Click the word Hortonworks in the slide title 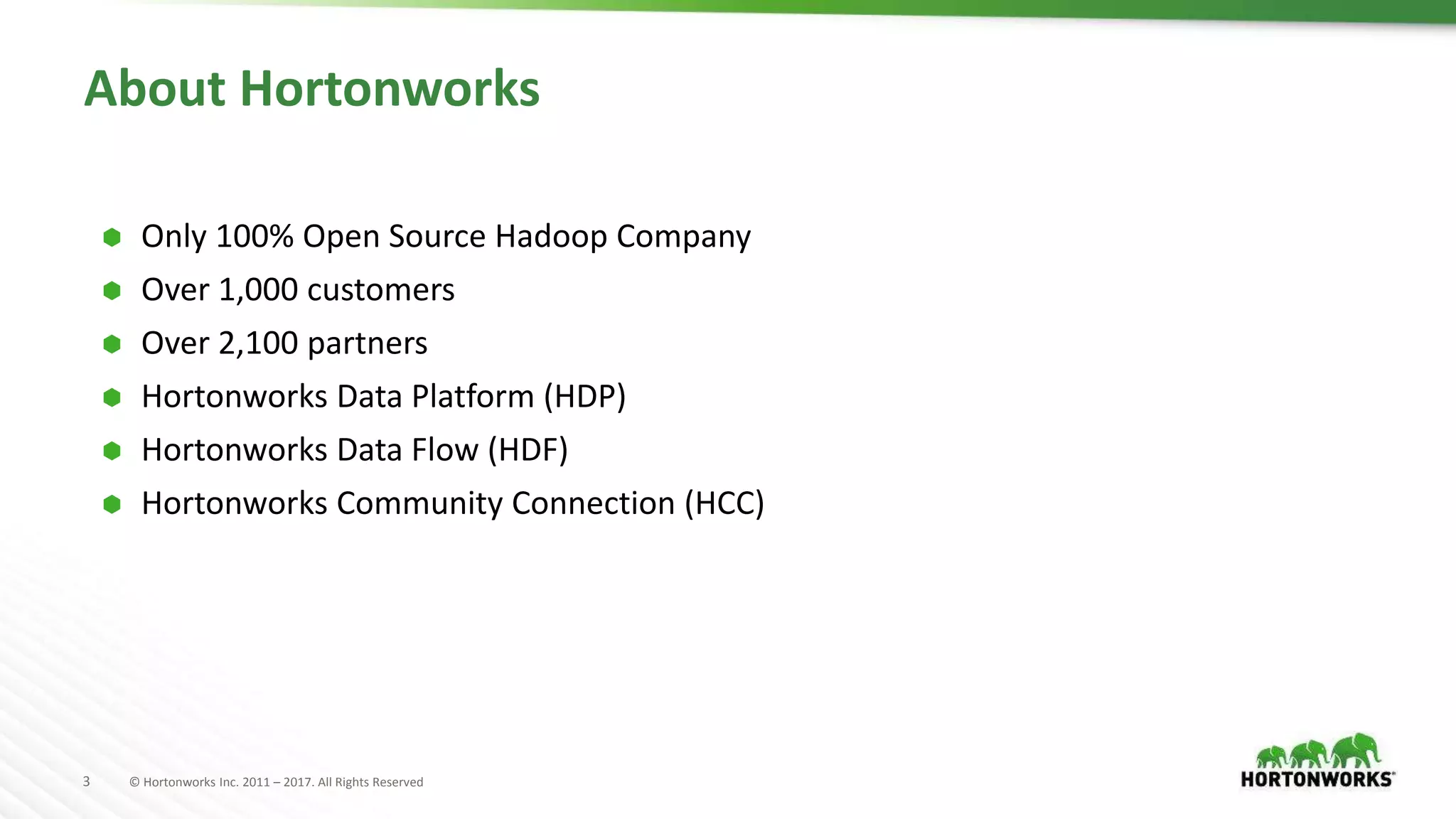pyautogui.click(x=390, y=89)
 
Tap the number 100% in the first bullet pyautogui.click(x=255, y=237)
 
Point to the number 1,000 pyautogui.click(x=258, y=290)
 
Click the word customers pyautogui.click(x=380, y=290)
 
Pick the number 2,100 pyautogui.click(x=258, y=343)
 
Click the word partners pyautogui.click(x=368, y=343)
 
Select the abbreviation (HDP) pyautogui.click(x=584, y=397)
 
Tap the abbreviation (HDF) pyautogui.click(x=528, y=450)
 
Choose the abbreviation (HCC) pyautogui.click(x=724, y=503)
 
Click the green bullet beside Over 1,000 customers pyautogui.click(x=112, y=291)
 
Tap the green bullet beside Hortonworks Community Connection pyautogui.click(x=112, y=505)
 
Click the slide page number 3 pyautogui.click(x=87, y=781)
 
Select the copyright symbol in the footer pyautogui.click(x=134, y=782)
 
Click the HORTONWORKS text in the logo pyautogui.click(x=1316, y=779)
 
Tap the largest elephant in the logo pyautogui.click(x=1356, y=750)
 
